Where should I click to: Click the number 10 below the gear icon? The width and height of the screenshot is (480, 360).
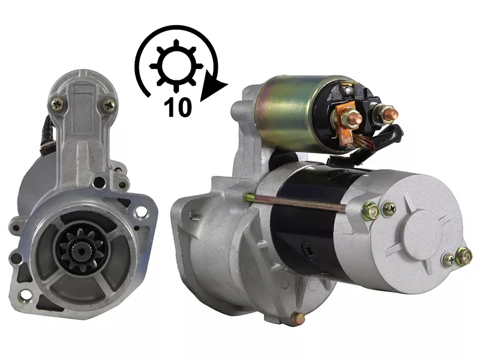pos(178,107)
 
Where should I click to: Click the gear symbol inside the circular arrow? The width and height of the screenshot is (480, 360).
pos(176,66)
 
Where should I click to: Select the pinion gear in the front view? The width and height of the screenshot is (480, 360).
pos(81,251)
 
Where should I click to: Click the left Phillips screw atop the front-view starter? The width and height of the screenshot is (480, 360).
pos(57,104)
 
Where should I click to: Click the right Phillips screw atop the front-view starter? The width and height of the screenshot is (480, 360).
pos(109,106)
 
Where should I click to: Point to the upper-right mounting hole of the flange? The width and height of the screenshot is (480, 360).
pos(141,212)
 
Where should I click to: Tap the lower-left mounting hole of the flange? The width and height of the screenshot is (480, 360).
pos(26,295)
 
